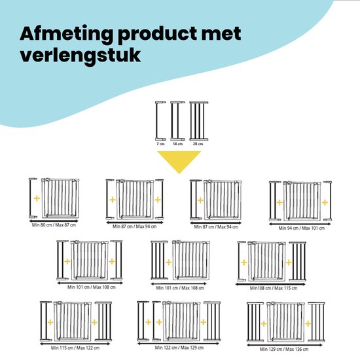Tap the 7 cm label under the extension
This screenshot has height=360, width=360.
click(x=160, y=144)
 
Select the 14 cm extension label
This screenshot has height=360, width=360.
click(x=177, y=144)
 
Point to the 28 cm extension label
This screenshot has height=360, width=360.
click(x=198, y=144)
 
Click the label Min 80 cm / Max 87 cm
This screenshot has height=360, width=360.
click(x=54, y=225)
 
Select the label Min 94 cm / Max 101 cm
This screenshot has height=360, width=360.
click(x=302, y=228)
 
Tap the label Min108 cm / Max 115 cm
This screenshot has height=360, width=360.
click(x=274, y=288)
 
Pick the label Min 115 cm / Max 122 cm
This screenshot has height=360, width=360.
click(x=75, y=348)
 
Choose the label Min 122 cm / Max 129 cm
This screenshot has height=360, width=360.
click(x=179, y=348)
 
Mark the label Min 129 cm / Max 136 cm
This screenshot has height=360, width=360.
click(x=284, y=350)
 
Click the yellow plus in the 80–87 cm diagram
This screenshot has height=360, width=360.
click(x=37, y=198)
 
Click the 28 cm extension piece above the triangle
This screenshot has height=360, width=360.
click(x=199, y=121)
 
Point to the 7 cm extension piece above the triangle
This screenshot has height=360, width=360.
click(x=160, y=121)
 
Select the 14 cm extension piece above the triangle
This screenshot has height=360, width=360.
click(x=177, y=121)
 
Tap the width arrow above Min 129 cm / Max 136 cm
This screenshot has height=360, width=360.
click(x=285, y=345)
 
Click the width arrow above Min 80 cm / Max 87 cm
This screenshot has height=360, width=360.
click(x=54, y=221)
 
